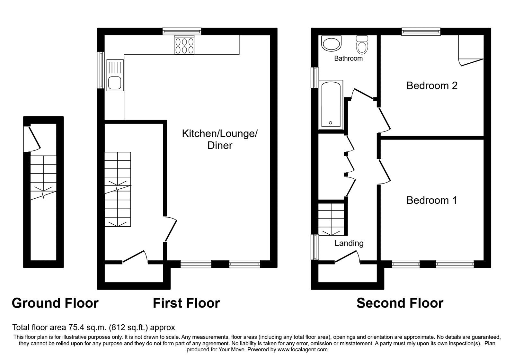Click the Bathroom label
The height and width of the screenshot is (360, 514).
click(348, 58)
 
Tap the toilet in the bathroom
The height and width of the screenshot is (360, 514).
click(362, 45)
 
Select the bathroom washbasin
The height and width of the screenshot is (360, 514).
click(331, 43)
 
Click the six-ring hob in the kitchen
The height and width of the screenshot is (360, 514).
click(184, 45)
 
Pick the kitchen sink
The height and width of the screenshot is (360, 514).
click(115, 75)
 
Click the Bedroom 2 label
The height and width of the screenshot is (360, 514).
click(432, 85)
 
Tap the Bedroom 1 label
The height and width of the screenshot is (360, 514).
click(432, 200)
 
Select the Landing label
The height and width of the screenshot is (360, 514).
click(349, 243)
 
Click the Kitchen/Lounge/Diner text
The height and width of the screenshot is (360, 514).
click(220, 139)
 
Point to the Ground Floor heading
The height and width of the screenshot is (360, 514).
click(55, 303)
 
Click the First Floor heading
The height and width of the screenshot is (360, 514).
click(186, 303)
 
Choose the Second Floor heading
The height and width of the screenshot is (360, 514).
click(400, 303)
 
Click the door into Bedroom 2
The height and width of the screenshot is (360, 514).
click(385, 120)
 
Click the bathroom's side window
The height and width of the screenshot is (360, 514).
click(315, 77)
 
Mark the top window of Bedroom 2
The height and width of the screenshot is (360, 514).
click(421, 32)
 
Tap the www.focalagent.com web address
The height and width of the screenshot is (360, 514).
click(302, 349)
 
